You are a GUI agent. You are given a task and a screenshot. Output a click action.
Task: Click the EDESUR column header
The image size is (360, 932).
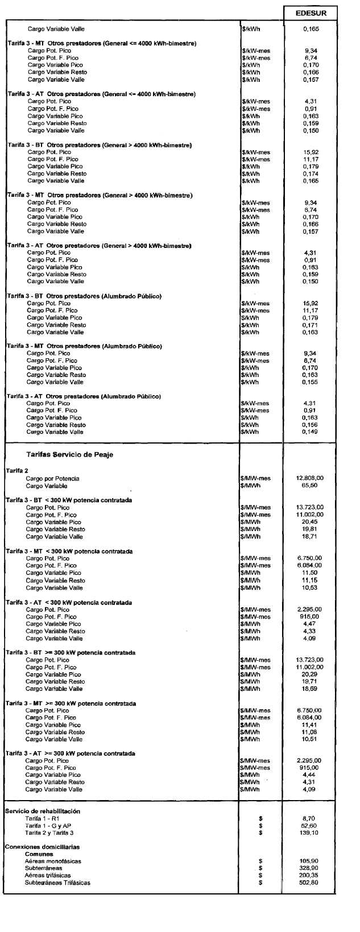311,13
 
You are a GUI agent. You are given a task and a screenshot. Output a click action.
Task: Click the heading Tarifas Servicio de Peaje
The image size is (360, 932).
69,454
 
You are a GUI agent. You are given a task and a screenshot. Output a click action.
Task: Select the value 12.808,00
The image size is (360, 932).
311,478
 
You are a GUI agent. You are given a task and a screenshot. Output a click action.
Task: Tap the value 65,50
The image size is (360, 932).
311,486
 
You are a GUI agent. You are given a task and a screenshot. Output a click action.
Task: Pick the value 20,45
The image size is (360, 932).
311,522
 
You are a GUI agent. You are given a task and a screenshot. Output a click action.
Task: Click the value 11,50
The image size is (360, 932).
311,573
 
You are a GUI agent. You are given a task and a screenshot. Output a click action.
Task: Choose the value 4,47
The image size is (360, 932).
311,624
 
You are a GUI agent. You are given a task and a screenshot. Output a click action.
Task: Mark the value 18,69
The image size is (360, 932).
311,689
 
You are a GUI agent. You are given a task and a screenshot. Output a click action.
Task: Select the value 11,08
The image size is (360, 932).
311,732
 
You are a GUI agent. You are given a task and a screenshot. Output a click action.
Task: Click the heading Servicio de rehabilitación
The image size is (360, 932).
43,811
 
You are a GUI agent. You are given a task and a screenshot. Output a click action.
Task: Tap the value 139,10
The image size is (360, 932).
311,832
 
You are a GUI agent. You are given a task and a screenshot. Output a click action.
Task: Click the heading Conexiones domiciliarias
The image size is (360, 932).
43,847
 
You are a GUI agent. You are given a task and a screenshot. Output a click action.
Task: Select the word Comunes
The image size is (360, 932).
39,854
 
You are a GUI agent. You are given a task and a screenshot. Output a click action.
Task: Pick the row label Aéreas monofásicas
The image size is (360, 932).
53,861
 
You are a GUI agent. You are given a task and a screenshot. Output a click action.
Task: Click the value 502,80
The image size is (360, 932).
311,883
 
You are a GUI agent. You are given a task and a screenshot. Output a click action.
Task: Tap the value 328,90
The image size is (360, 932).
311,868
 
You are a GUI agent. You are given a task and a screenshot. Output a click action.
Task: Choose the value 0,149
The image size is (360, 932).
311,432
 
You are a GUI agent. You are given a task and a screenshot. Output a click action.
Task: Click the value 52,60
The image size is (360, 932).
311,825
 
